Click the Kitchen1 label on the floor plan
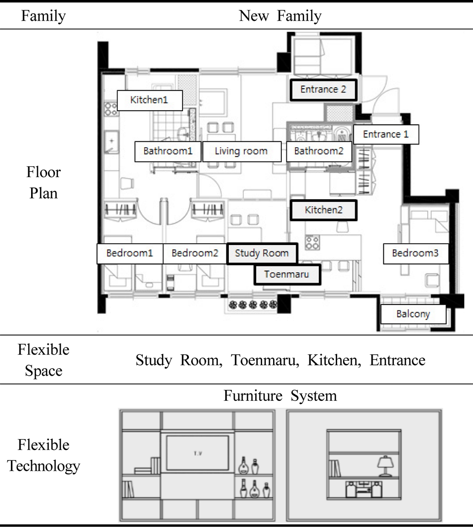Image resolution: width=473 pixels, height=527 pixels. [150, 100]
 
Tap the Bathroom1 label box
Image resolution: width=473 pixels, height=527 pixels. [168, 151]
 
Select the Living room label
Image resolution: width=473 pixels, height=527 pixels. [241, 151]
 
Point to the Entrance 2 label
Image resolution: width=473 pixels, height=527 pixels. [323, 90]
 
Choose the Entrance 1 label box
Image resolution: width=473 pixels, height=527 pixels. [386, 134]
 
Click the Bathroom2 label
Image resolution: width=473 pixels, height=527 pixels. [319, 151]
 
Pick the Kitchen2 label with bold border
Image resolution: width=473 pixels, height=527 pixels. [323, 210]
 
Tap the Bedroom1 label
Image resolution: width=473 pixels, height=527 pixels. [130, 253]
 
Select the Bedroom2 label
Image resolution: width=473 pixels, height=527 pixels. [195, 253]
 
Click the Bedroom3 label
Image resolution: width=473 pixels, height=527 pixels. [416, 253]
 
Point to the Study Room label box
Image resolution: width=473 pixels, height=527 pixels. [262, 253]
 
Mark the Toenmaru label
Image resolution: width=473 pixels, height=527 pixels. [287, 275]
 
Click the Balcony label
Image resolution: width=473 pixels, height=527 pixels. [413, 314]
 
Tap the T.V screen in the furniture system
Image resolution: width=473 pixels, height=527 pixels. [198, 452]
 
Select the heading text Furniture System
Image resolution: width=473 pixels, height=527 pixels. [280, 395]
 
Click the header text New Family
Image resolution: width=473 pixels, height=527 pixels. [280, 16]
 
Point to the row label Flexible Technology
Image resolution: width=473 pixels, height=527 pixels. [44, 455]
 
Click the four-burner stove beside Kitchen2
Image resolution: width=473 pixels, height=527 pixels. [312, 243]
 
